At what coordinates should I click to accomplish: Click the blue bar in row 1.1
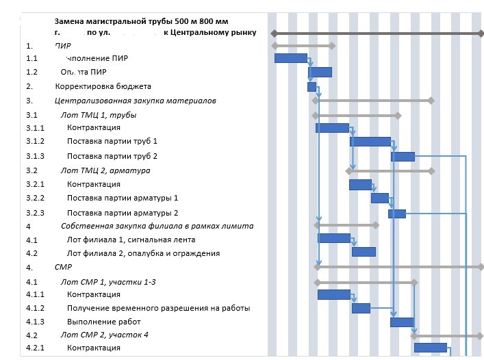[291, 58]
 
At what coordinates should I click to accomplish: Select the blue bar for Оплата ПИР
[320, 72]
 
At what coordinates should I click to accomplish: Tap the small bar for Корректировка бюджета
[312, 87]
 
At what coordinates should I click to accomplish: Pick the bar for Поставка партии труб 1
[370, 142]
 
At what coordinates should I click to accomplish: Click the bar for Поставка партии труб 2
[403, 156]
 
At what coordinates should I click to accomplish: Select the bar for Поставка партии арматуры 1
[380, 198]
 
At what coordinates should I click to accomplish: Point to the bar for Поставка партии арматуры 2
[397, 214]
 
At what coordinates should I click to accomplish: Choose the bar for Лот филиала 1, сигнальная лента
[334, 238]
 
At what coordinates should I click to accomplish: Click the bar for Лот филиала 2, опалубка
[364, 252]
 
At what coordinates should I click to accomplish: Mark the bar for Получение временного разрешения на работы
[361, 308]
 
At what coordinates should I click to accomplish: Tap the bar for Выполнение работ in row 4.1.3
[401, 322]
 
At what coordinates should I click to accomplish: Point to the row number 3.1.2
[35, 142]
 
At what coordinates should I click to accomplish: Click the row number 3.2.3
[35, 213]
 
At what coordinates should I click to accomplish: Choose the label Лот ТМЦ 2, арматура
[105, 170]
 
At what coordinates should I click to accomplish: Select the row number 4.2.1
[35, 348]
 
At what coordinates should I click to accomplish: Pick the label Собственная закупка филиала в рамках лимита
[157, 226]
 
